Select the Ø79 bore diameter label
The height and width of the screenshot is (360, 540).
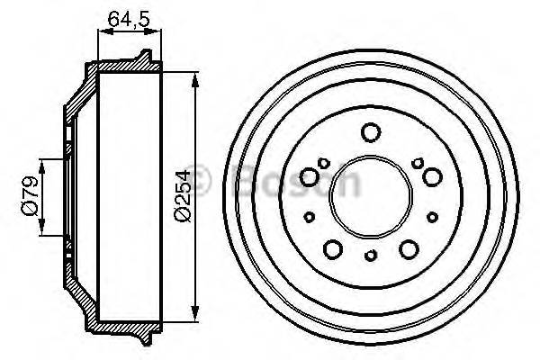[30, 198]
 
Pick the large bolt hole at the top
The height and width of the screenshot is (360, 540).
[369, 132]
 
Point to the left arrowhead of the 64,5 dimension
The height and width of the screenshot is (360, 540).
[101, 31]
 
